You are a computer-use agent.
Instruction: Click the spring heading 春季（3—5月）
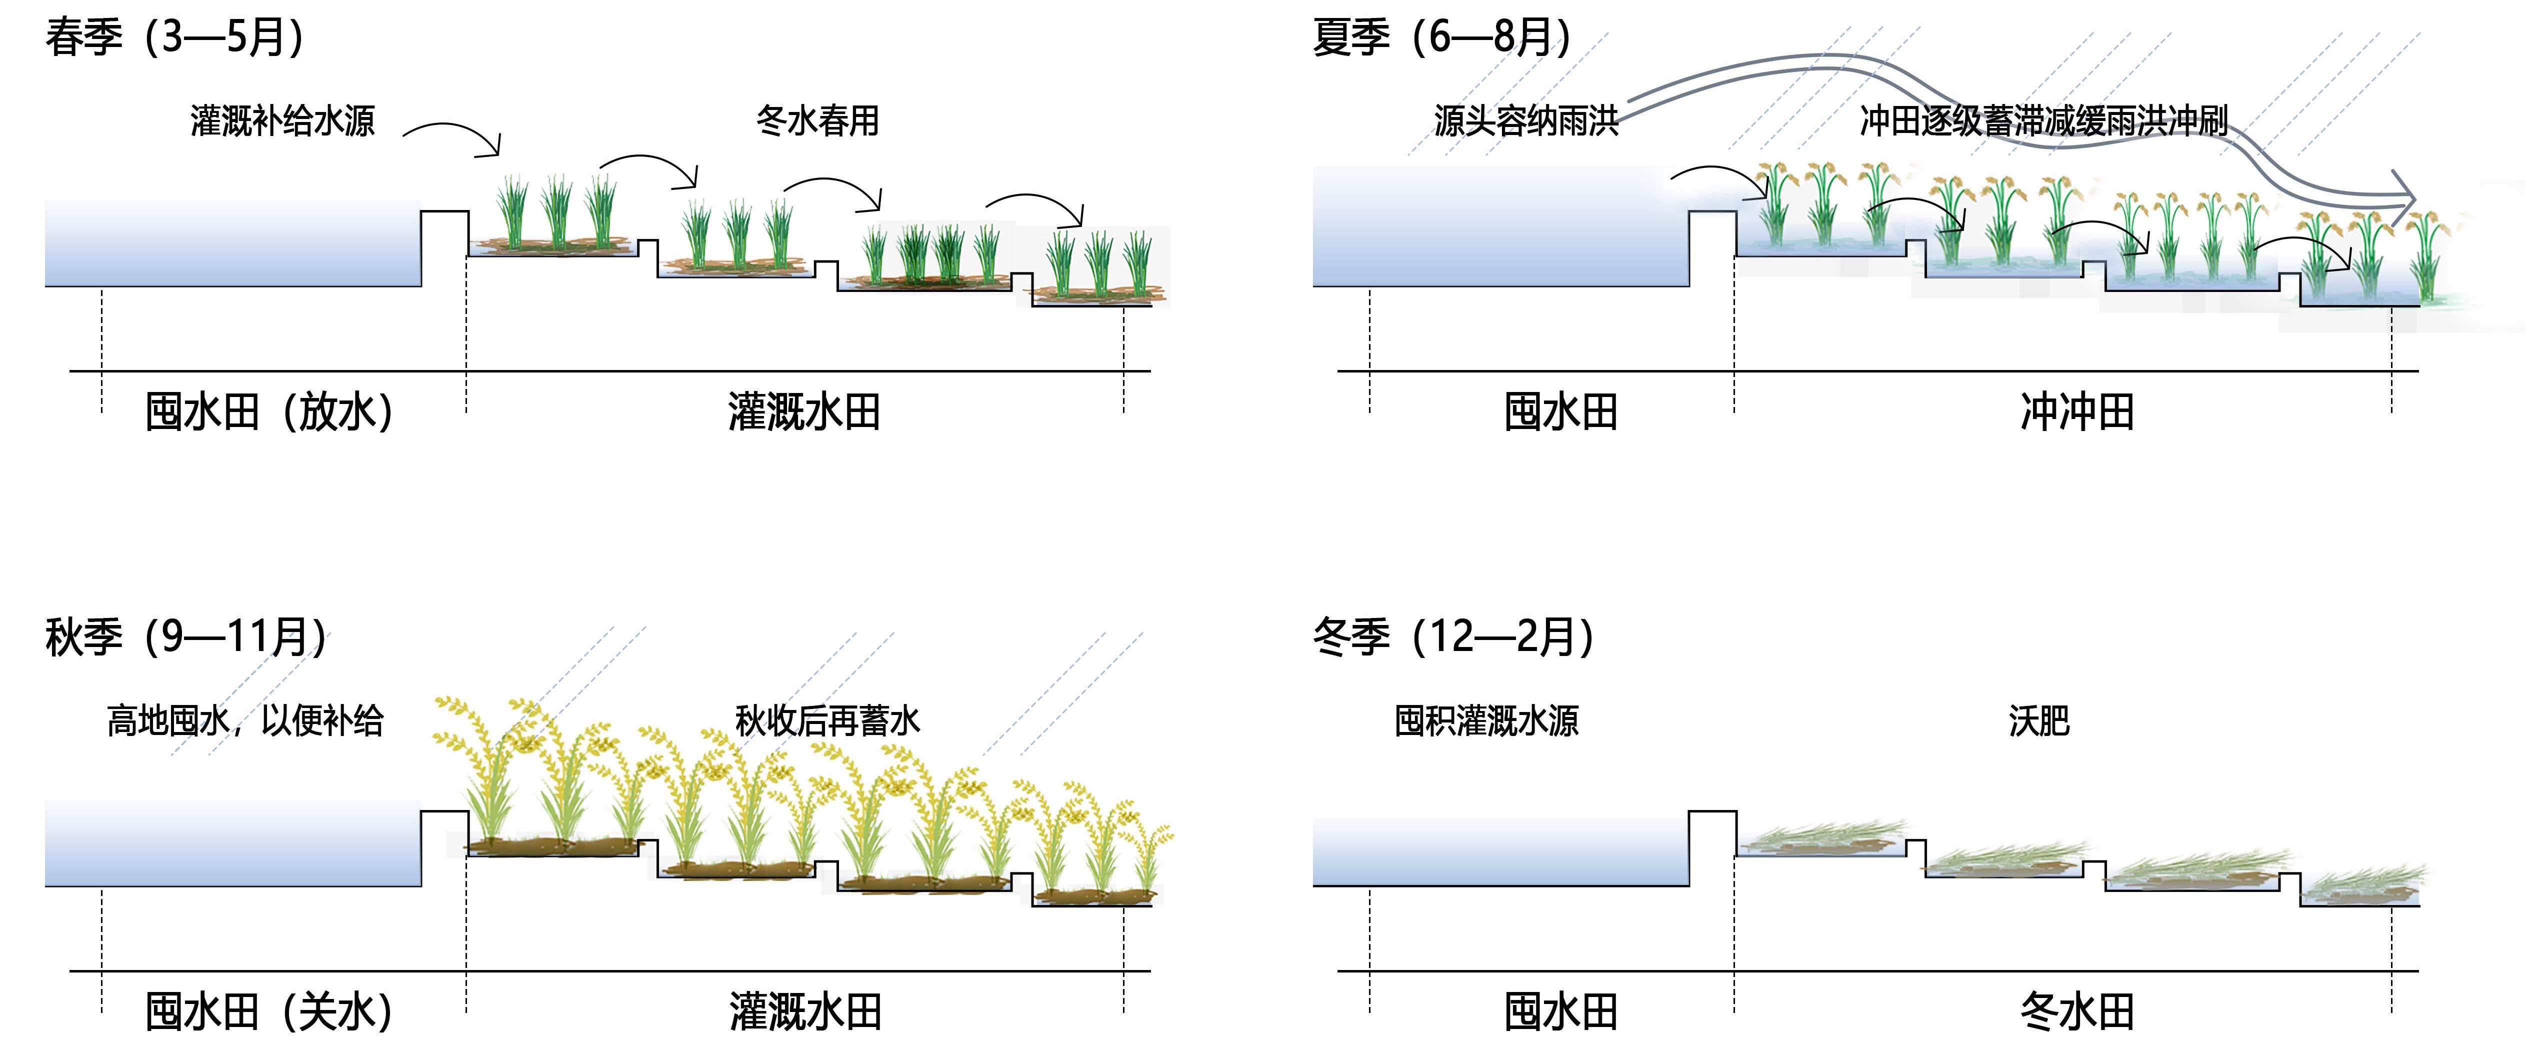pyautogui.click(x=174, y=37)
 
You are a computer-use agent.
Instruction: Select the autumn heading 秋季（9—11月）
pyautogui.click(x=186, y=637)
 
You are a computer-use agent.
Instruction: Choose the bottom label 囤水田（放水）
pyautogui.click(x=269, y=411)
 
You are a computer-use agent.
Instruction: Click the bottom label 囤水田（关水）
pyautogui.click(x=269, y=1011)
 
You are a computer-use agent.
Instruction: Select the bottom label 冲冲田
pyautogui.click(x=2077, y=411)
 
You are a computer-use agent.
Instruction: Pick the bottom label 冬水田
pyautogui.click(x=2077, y=1011)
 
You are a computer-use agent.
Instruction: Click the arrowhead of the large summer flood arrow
pyautogui.click(x=2403, y=201)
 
